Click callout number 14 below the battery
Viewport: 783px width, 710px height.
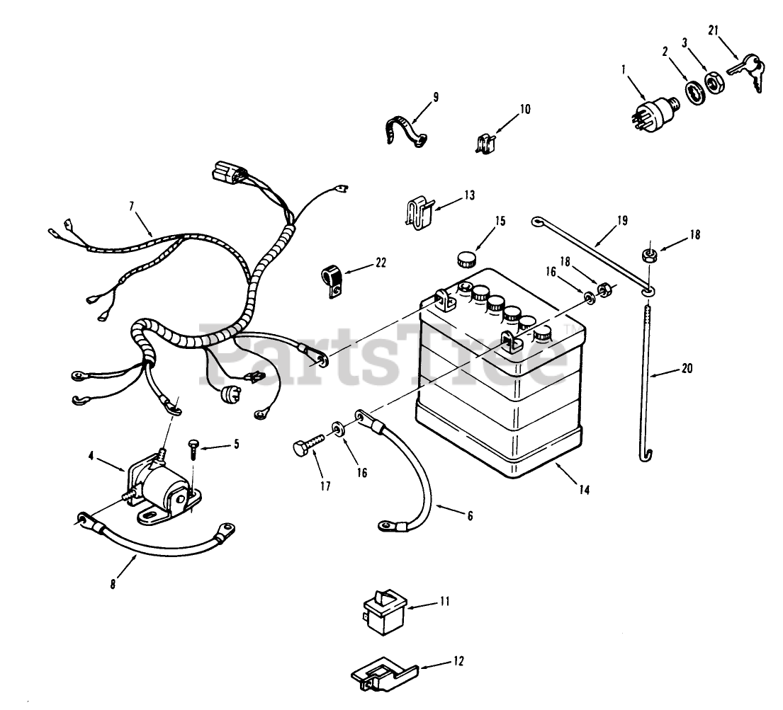pos(582,488)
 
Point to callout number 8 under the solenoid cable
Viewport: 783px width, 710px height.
pos(114,585)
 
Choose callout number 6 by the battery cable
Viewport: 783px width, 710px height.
pos(469,517)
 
